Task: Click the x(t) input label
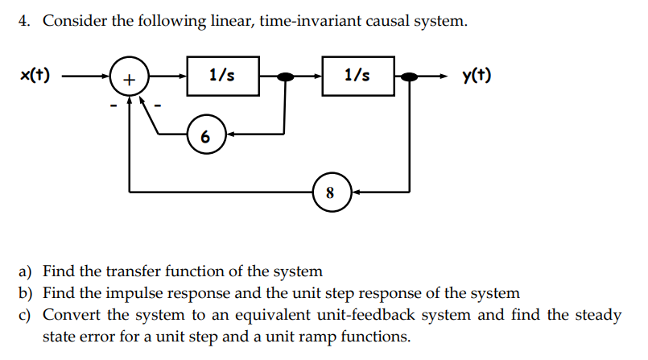(35, 77)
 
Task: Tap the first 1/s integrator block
(222, 76)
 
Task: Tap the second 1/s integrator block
(357, 76)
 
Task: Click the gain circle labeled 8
(330, 192)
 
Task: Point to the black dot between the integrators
(284, 77)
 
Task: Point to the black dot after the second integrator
(410, 77)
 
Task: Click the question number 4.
(25, 22)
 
